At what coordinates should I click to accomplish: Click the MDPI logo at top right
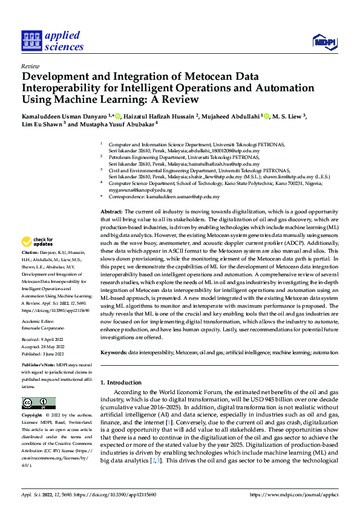click(x=324, y=40)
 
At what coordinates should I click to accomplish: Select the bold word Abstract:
click(x=111, y=211)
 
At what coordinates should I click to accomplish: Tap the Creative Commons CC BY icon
click(x=39, y=403)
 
